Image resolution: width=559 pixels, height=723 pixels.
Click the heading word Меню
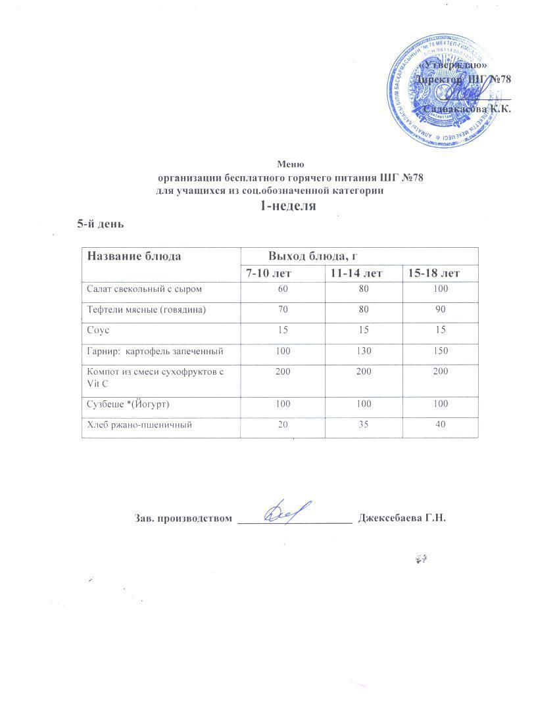(290, 164)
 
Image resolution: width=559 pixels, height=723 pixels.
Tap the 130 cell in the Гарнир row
(362, 352)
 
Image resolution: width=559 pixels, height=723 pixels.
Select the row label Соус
(98, 330)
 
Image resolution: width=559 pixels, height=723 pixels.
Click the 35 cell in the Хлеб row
(362, 425)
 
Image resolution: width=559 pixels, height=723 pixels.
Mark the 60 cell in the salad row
(283, 289)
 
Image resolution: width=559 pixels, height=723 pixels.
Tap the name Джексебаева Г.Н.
(402, 519)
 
